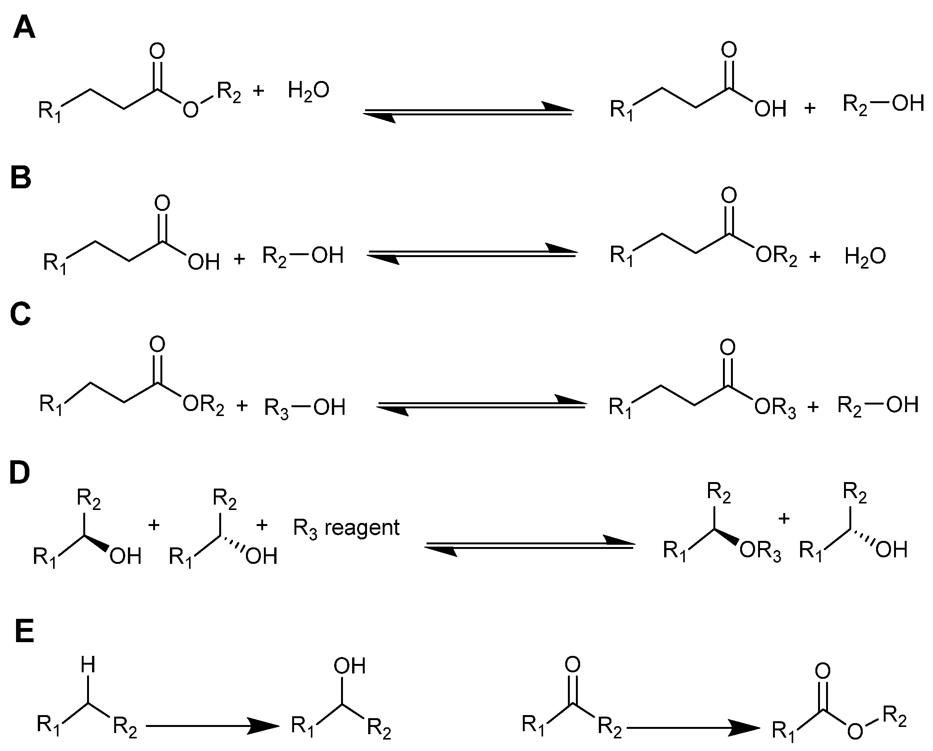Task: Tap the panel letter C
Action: click(x=20, y=314)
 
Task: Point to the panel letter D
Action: click(x=20, y=473)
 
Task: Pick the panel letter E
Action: click(x=24, y=632)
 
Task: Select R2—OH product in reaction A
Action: click(x=883, y=104)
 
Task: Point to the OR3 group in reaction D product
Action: click(x=760, y=552)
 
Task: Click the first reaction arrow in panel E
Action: click(x=212, y=725)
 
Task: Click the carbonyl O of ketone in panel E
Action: click(x=572, y=664)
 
